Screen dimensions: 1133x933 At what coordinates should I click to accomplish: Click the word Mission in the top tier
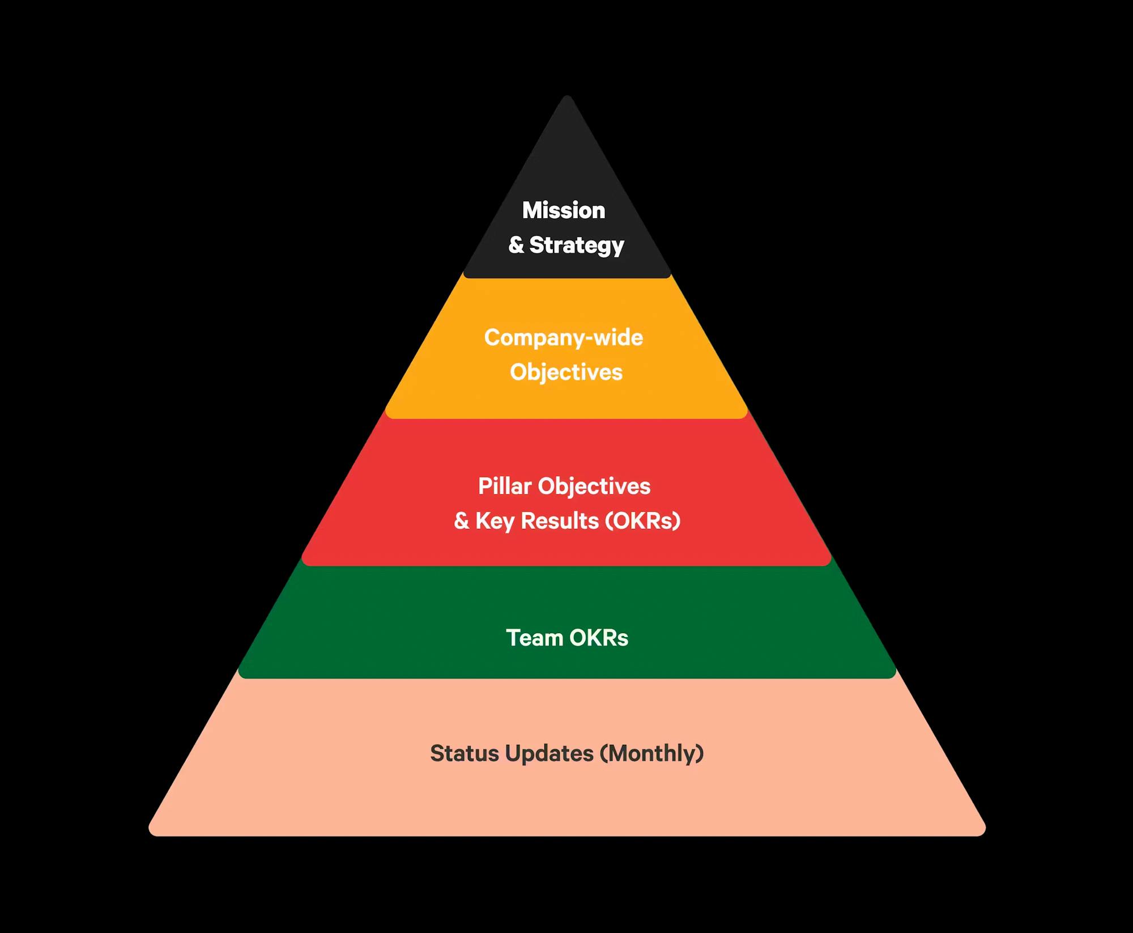pyautogui.click(x=564, y=210)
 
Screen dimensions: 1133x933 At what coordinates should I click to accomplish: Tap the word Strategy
pyautogui.click(x=577, y=245)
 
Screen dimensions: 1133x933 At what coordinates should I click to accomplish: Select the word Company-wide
pyautogui.click(x=564, y=338)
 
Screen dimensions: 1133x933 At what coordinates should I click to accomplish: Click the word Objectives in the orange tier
pyautogui.click(x=566, y=373)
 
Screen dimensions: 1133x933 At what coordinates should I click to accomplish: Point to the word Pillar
pyautogui.click(x=505, y=486)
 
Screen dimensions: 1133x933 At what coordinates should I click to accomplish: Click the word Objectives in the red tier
pyautogui.click(x=594, y=487)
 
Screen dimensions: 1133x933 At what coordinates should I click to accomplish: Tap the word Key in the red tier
pyautogui.click(x=495, y=521)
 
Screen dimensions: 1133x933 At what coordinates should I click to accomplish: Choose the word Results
pyautogui.click(x=560, y=521)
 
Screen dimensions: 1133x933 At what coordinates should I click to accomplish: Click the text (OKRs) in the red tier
pyautogui.click(x=643, y=521)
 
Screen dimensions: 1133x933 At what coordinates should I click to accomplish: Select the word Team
pyautogui.click(x=534, y=638)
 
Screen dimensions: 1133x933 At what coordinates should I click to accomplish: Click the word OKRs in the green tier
pyautogui.click(x=599, y=638)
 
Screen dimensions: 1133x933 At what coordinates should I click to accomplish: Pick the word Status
pyautogui.click(x=465, y=754)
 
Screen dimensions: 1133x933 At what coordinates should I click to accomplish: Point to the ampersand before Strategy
pyautogui.click(x=516, y=245)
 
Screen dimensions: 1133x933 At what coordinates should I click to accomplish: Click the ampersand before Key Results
pyautogui.click(x=462, y=521)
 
